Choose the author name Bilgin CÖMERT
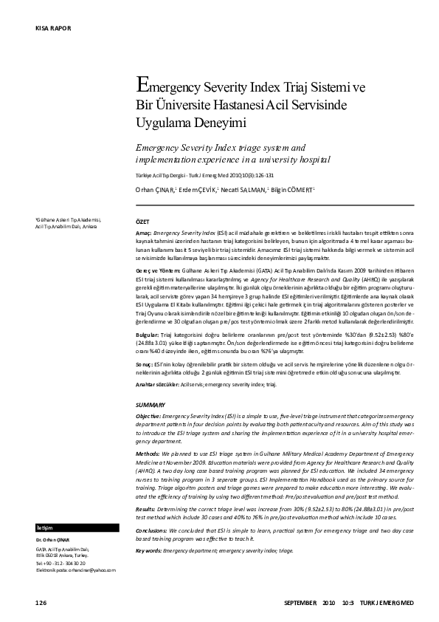coord(294,191)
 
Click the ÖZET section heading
coord(143,221)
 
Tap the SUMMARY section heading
coord(151,406)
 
